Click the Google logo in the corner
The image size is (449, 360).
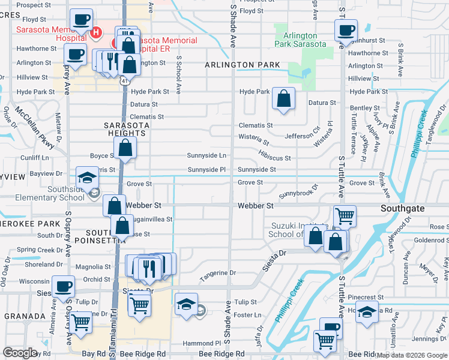tap(20, 353)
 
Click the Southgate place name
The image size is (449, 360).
tap(402, 208)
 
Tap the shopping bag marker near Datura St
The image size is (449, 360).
tap(283, 98)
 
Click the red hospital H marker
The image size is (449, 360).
tap(94, 32)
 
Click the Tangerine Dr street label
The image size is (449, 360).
tap(218, 273)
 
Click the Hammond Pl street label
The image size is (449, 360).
tap(197, 343)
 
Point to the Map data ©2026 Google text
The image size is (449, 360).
tap(411, 355)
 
